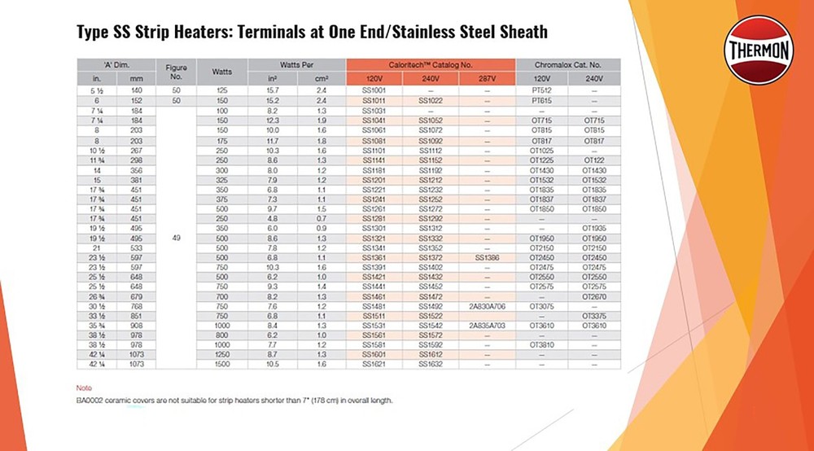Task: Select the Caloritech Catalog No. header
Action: (x=431, y=64)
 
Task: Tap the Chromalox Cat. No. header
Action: (x=567, y=64)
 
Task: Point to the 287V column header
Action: (x=487, y=78)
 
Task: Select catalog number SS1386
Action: (x=487, y=257)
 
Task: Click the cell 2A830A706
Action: (x=487, y=305)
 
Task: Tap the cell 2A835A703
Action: (x=487, y=324)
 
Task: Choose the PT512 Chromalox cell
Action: (x=541, y=90)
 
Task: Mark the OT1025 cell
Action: (x=541, y=151)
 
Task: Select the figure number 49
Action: (x=177, y=239)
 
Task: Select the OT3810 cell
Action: (x=541, y=344)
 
